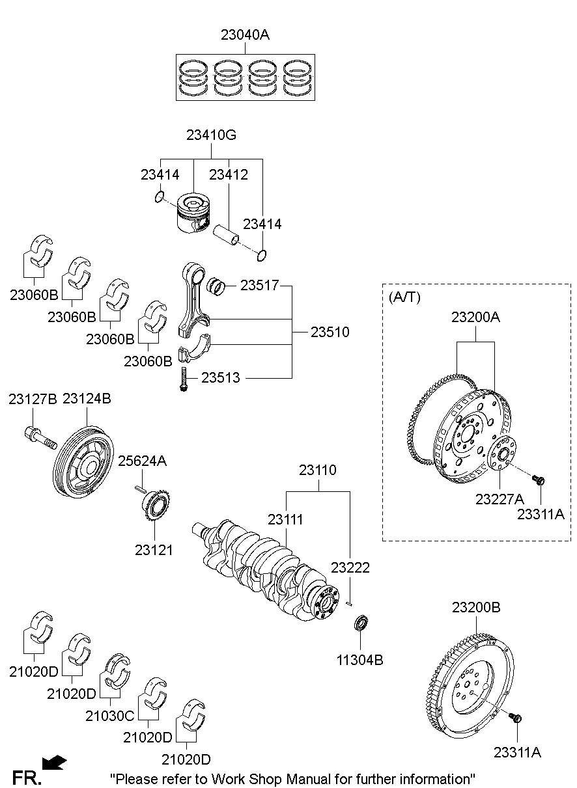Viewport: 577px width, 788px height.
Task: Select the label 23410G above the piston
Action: tap(211, 136)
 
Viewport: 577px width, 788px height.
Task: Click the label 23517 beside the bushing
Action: tap(259, 285)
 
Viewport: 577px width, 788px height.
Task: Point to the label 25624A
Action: tap(142, 461)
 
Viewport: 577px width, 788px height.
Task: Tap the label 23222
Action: tap(350, 568)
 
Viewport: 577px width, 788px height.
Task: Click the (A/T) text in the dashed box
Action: tap(404, 297)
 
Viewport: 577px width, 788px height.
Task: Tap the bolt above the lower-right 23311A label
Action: tap(516, 718)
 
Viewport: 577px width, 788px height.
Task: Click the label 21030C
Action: tap(109, 716)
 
